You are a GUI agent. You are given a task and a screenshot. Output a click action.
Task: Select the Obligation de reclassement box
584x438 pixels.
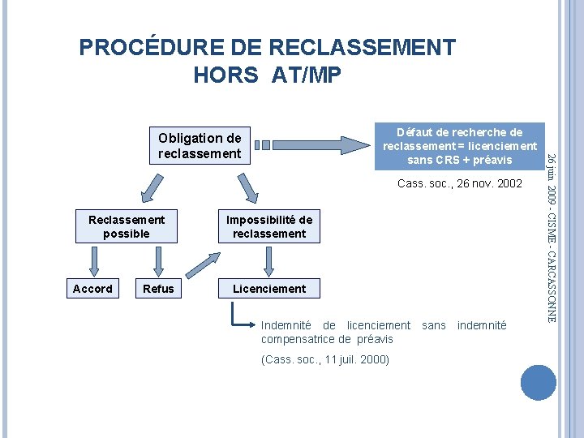tap(200, 146)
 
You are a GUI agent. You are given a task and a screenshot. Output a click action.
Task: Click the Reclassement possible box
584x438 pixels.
tap(127, 226)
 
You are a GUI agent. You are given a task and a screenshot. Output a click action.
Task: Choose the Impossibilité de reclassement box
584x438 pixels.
tap(269, 226)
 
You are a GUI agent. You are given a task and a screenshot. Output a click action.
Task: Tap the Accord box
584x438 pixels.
tap(93, 289)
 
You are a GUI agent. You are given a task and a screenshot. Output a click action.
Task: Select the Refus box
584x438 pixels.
tap(158, 289)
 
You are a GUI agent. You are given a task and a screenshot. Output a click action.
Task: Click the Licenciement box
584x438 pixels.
tap(269, 289)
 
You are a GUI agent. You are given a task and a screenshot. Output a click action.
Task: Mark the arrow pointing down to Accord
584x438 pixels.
tap(93, 260)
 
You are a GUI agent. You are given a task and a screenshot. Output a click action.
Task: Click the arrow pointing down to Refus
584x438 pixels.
tap(158, 260)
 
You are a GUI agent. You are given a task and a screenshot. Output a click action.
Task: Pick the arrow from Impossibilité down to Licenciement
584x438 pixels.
tap(269, 260)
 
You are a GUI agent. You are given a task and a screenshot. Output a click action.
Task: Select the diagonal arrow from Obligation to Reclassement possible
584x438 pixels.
tap(151, 188)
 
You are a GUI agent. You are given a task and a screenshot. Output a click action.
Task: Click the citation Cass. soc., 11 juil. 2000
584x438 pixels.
tap(325, 359)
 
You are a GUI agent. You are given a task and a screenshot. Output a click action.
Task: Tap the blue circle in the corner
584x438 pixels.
tap(539, 382)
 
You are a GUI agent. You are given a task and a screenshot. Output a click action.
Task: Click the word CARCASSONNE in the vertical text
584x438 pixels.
tap(551, 280)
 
